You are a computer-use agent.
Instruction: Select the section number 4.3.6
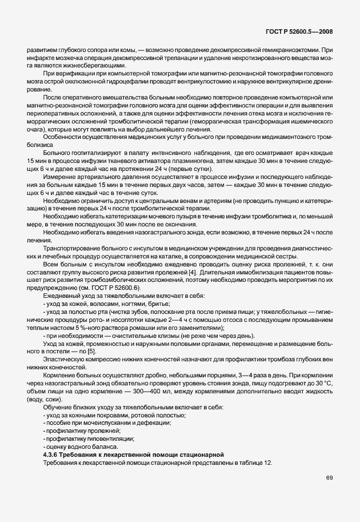(x=51, y=454)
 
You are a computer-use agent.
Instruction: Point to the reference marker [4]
(x=194, y=277)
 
